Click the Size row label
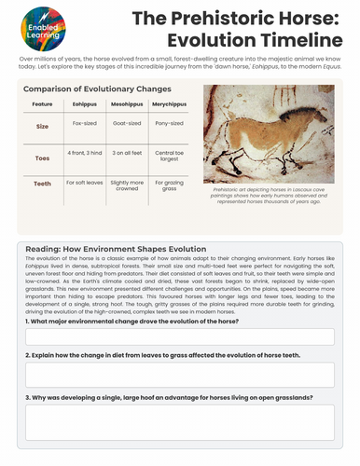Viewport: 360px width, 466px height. (x=42, y=124)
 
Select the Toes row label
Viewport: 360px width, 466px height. (x=42, y=159)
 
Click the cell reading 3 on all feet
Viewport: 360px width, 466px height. (x=125, y=151)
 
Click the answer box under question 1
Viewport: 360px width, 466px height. (x=180, y=336)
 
